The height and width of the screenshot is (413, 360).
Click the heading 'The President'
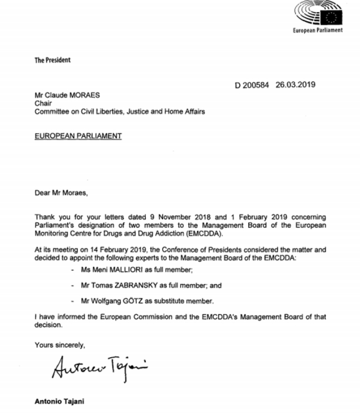coord(52,60)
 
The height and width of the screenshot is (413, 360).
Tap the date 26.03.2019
coord(296,85)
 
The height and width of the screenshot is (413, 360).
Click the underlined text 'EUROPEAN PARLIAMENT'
coord(77,136)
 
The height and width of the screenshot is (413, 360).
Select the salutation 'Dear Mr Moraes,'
coord(61,193)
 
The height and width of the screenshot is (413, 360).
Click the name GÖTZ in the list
coord(137,300)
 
